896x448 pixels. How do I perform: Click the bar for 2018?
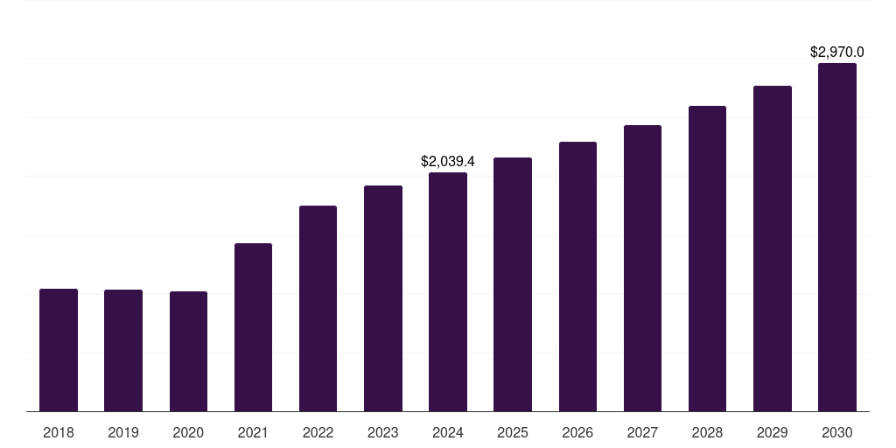(x=59, y=350)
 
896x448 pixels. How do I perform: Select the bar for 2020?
(x=188, y=351)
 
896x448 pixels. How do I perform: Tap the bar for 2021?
(x=253, y=327)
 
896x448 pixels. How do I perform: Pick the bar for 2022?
(x=318, y=308)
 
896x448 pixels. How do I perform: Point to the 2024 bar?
(x=448, y=291)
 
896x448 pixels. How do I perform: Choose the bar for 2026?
(x=577, y=276)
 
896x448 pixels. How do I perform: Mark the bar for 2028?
(x=707, y=258)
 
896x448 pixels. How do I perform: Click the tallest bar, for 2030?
(x=837, y=237)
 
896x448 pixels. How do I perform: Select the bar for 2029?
(x=773, y=248)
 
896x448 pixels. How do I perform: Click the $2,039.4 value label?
(x=448, y=162)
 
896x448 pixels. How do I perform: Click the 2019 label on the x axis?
(x=123, y=432)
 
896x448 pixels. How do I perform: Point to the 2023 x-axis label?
(x=383, y=432)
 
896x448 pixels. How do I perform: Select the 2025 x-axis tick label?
(x=513, y=432)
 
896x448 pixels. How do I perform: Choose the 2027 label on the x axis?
(x=642, y=432)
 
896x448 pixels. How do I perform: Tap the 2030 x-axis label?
(x=837, y=432)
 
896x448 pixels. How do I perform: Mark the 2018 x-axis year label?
(x=59, y=432)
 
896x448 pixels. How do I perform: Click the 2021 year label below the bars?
(x=253, y=432)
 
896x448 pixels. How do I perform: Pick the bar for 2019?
(x=123, y=350)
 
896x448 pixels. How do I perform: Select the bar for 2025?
(x=513, y=284)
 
